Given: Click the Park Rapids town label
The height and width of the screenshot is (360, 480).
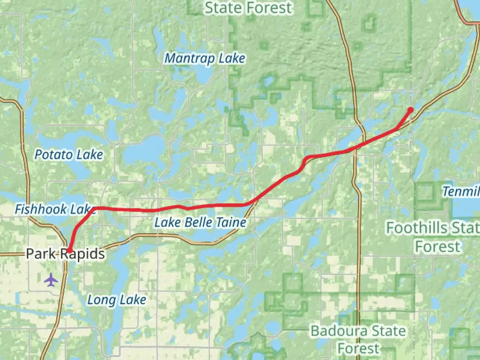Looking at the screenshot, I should (65, 254).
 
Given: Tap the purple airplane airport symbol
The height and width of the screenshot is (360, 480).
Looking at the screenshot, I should (51, 280).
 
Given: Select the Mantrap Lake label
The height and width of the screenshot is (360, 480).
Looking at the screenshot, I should (205, 59).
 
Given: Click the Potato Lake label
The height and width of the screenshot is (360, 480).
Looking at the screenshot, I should (69, 155).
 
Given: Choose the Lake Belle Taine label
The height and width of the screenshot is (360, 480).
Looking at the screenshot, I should (200, 222).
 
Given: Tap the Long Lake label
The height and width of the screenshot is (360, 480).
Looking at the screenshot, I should (116, 300).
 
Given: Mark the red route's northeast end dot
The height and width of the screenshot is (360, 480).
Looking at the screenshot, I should (410, 110).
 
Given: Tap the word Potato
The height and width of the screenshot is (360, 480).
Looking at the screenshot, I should (54, 155).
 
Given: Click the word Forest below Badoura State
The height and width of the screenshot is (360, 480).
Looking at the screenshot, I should (358, 349).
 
